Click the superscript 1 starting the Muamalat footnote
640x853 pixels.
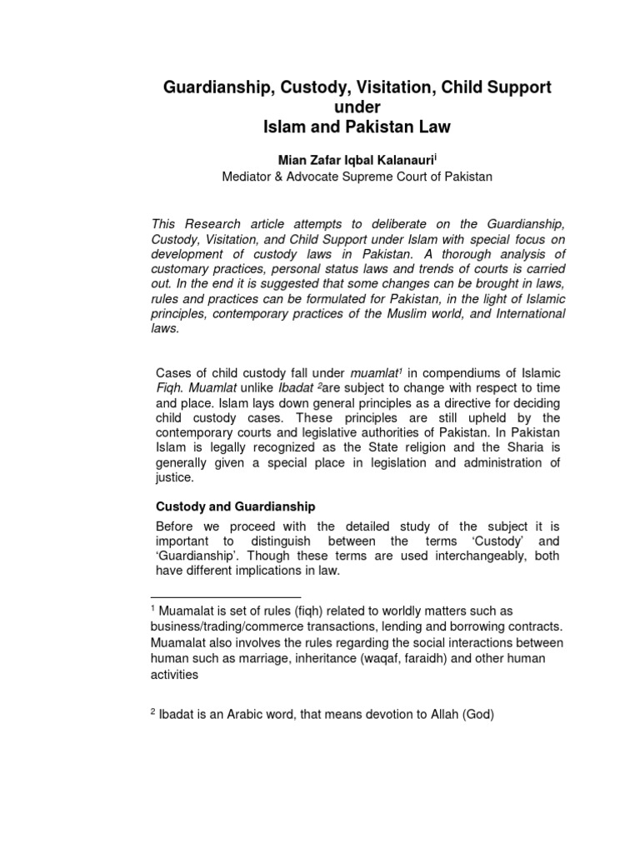click(154, 609)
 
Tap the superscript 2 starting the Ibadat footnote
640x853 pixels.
click(153, 712)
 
